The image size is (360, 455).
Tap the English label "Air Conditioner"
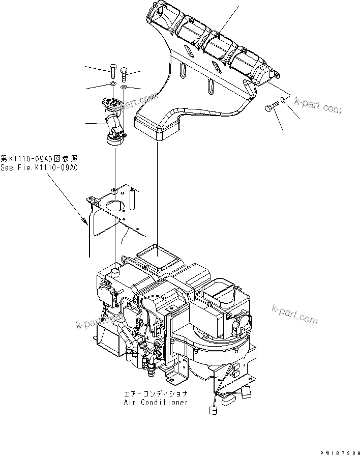pos(156,402)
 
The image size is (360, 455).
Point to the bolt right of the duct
pos(270,108)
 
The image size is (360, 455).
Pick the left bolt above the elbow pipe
pos(112,71)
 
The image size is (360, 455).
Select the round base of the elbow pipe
pos(114,138)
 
